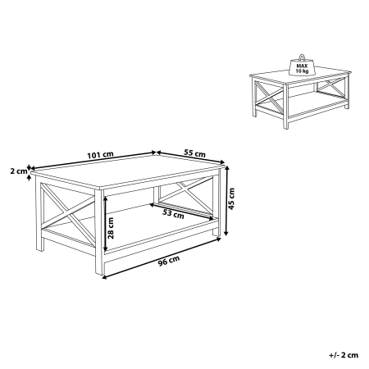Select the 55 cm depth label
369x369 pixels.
coord(195,153)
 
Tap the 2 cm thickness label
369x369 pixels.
coord(16,171)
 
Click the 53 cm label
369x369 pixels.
coord(173,214)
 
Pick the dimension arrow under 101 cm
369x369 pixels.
coord(94,162)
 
